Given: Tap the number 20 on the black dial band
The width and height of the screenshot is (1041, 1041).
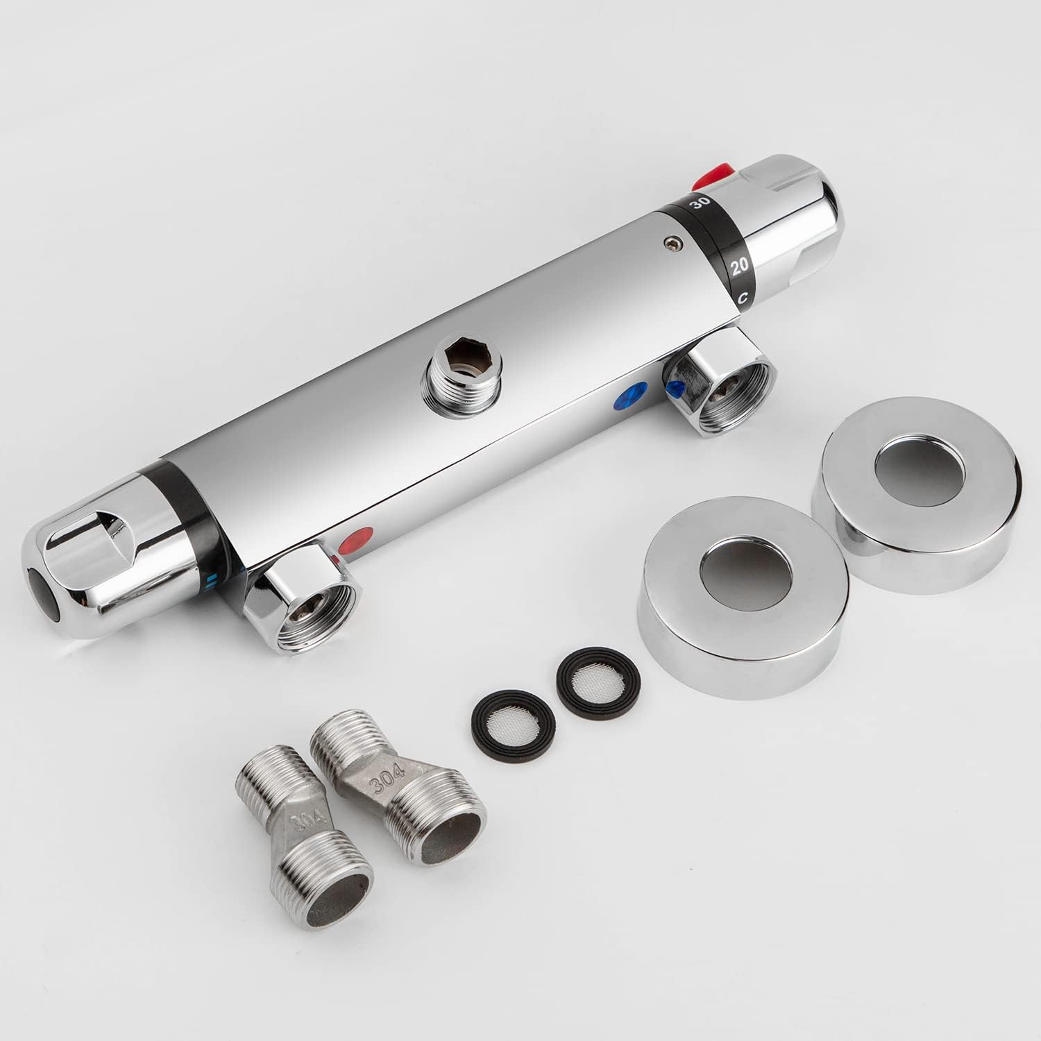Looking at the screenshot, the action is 740,264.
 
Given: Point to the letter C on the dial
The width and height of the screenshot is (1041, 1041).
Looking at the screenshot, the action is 742,298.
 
